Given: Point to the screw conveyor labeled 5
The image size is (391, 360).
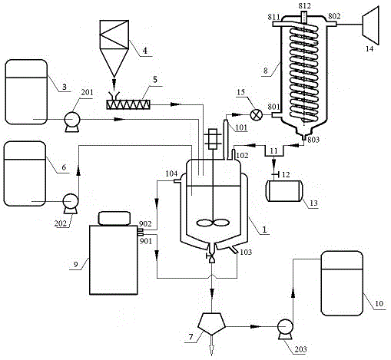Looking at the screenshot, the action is tap(128, 104).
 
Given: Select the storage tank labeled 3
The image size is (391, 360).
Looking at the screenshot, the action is tap(26, 92).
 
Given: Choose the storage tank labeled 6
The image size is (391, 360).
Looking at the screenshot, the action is tap(25, 173).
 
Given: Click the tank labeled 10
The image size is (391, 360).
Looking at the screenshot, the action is tap(342, 283).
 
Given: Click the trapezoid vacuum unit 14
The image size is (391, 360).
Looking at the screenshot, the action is tap(370, 25).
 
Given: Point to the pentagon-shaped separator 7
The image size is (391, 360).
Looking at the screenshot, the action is tap(211, 324).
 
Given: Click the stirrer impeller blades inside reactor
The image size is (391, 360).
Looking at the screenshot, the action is tap(213, 223).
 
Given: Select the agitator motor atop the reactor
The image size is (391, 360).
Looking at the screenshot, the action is tap(213, 139).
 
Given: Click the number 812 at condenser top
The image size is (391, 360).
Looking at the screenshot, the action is tap(304, 5).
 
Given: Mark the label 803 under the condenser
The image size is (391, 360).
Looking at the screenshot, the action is tap(313, 140).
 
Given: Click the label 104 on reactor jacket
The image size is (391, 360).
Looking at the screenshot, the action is tap(171, 173).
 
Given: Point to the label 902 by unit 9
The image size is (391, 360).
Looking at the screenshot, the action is tap(145, 224).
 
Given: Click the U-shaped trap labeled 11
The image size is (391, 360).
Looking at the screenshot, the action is tap(274, 151).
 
